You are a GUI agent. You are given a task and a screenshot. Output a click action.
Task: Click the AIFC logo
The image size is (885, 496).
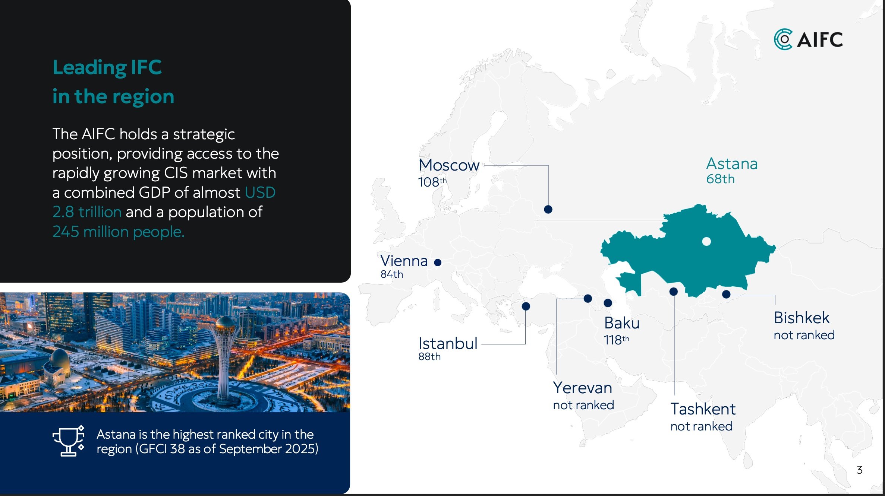[808, 39]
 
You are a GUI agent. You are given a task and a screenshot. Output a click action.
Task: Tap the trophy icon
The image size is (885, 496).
[69, 441]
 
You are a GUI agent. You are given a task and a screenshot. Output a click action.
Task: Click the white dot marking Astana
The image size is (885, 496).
[706, 241]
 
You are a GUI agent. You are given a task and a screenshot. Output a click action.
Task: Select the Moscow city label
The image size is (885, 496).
[449, 165]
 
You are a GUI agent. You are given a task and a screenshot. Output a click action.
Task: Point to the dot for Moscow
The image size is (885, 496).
[548, 209]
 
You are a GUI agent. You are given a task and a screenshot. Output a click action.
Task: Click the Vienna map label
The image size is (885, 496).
[404, 261]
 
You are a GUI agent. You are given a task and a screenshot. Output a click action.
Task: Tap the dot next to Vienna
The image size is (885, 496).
[438, 263]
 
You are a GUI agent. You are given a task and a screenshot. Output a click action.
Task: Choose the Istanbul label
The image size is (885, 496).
[448, 343]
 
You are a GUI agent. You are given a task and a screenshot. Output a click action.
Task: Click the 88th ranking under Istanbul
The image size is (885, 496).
[429, 357]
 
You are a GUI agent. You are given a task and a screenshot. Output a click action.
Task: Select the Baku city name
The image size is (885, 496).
[622, 323]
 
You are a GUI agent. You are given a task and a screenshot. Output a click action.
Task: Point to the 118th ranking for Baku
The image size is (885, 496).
[616, 340]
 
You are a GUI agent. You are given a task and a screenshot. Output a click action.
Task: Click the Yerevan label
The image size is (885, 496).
[582, 388]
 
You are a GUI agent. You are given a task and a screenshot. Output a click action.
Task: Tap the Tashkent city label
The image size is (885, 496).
[703, 409]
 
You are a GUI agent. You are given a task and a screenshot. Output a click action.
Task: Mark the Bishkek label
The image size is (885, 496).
[801, 318]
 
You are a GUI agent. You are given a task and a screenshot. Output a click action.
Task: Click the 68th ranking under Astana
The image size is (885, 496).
[720, 179]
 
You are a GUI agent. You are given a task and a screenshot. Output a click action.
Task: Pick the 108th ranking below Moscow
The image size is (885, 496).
[432, 182]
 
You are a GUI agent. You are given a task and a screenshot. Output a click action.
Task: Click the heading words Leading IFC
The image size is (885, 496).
[107, 67]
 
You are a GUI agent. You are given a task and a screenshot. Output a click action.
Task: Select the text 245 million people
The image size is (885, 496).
[119, 232]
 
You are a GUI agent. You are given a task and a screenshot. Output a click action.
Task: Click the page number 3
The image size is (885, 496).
[860, 470]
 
